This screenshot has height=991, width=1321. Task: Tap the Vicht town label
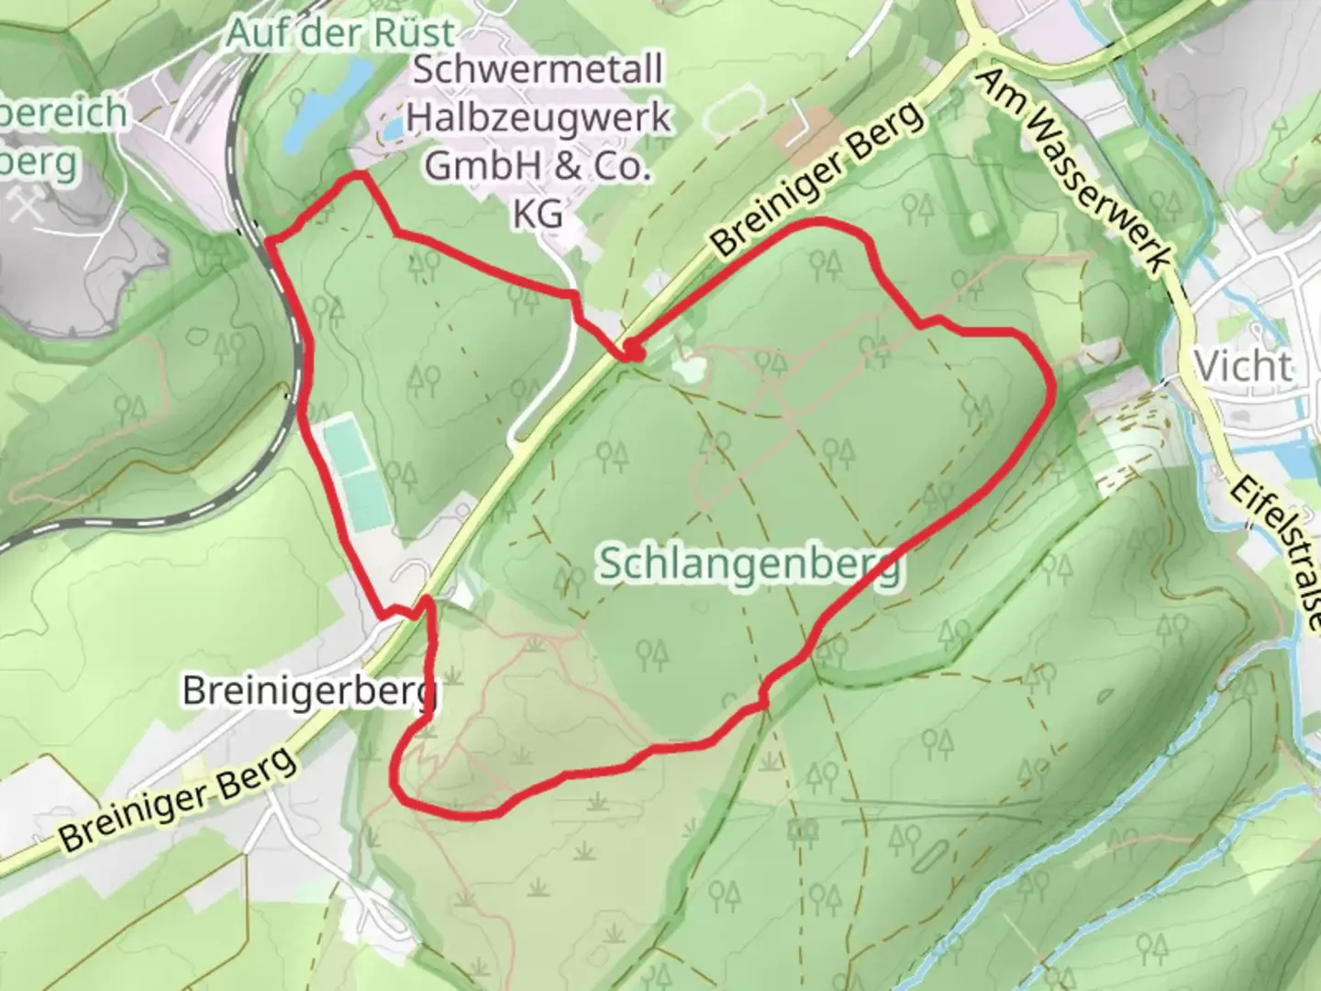click(x=1244, y=366)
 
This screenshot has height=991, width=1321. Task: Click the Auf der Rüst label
click(x=340, y=34)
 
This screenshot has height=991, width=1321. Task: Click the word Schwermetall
click(x=538, y=71)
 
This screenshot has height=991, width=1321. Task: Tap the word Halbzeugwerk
click(x=538, y=117)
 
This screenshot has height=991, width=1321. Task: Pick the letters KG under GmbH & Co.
click(x=538, y=213)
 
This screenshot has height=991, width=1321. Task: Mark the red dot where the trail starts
click(x=632, y=349)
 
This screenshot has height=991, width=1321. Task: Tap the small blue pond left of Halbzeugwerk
click(x=392, y=131)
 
